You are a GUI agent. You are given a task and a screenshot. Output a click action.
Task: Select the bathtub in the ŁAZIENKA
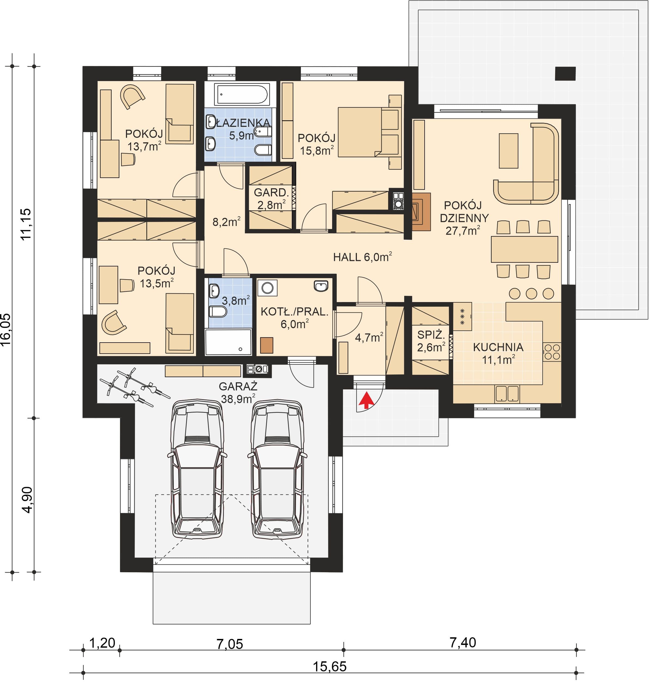242,94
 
